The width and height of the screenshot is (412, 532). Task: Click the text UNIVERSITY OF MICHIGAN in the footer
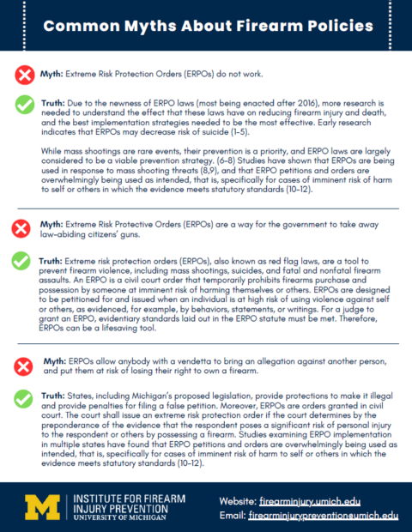112,518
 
